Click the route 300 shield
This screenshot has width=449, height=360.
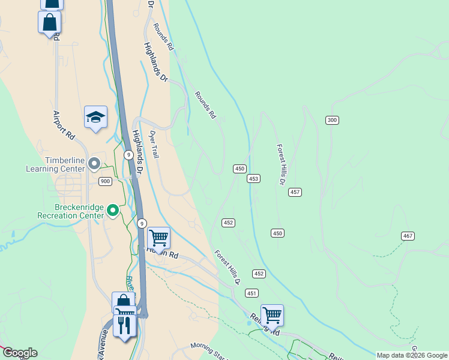(333, 121)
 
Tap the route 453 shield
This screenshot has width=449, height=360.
(253, 179)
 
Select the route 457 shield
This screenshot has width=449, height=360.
(295, 192)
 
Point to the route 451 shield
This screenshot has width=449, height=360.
(252, 293)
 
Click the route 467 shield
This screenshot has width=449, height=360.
(408, 236)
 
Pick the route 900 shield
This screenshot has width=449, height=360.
(105, 181)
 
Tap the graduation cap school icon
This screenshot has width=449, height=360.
(95, 117)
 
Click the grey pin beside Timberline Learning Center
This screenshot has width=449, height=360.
(94, 163)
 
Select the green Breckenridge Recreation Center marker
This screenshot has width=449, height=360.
(113, 210)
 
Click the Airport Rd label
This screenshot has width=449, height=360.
(64, 125)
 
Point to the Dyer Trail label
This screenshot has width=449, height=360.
(154, 145)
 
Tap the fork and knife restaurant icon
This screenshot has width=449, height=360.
(124, 325)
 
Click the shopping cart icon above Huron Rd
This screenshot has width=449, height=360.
(158, 238)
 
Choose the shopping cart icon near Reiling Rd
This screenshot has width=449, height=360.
(272, 314)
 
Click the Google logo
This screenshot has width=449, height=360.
(19, 353)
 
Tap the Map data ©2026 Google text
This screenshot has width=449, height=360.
(412, 355)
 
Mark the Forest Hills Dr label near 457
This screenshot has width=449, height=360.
(281, 164)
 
